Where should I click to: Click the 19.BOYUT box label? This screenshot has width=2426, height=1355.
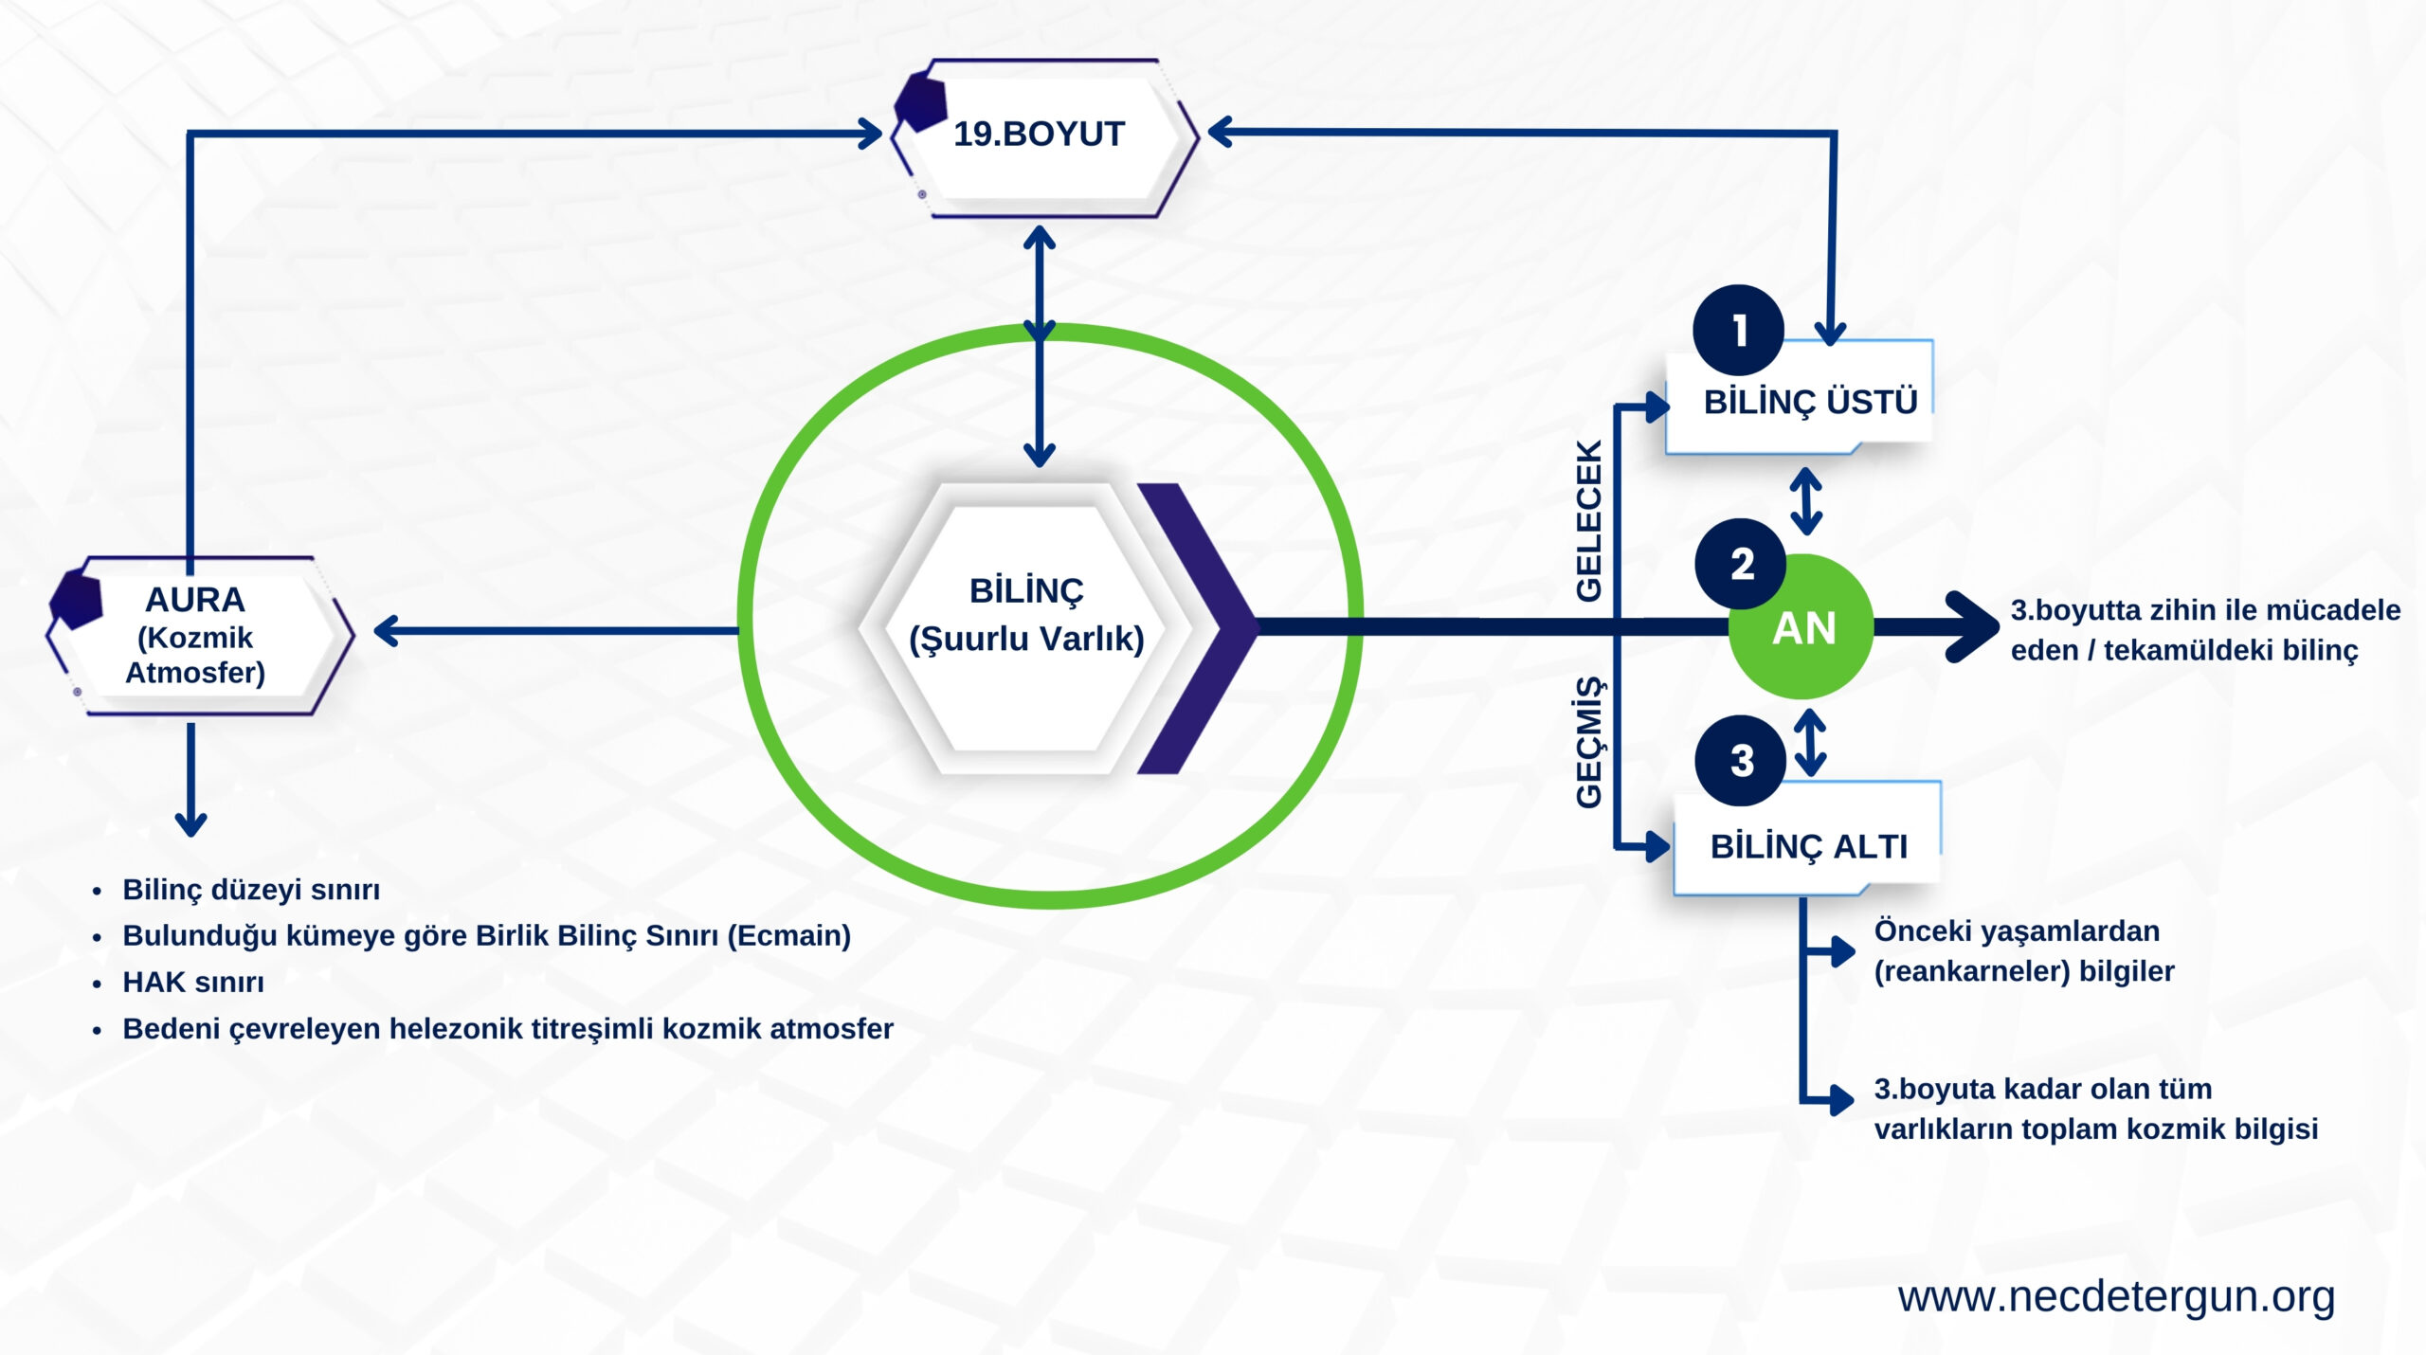click(1039, 135)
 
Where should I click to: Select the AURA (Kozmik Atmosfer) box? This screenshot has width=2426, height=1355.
click(197, 635)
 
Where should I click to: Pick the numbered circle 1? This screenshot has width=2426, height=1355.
click(1739, 330)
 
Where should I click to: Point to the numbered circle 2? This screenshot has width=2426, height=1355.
click(1741, 564)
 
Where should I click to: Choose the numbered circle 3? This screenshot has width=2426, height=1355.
click(1741, 760)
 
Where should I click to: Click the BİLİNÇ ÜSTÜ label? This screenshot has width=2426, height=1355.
click(1810, 402)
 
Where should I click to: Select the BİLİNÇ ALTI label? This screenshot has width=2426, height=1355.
click(1808, 846)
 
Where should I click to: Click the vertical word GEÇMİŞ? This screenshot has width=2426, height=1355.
click(1589, 742)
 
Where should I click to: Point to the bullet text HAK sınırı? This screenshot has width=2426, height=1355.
click(193, 983)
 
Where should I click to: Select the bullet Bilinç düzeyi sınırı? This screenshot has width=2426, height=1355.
click(251, 890)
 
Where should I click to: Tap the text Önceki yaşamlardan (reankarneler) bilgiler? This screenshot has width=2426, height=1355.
click(2023, 950)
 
